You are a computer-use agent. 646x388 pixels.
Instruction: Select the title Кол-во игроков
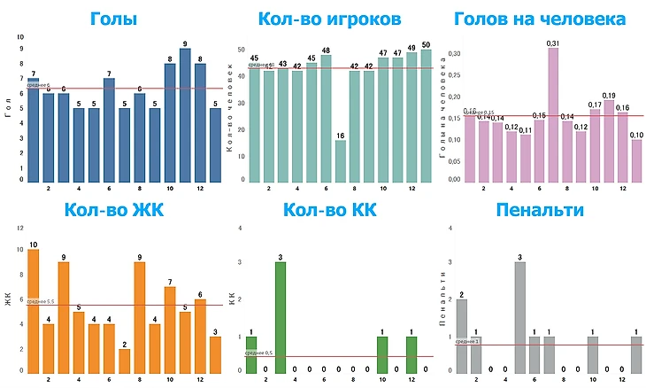329,19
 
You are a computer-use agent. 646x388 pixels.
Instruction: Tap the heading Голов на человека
540,19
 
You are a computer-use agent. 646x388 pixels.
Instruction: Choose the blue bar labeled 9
185,115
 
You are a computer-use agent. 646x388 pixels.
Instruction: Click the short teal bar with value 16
341,160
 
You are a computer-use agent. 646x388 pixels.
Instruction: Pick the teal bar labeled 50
427,116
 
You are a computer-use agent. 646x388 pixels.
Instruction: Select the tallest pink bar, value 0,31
553,114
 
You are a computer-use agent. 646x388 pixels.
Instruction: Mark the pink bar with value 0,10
636,160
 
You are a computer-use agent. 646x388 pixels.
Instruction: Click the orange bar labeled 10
34,310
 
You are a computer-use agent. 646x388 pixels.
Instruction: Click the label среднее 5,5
42,302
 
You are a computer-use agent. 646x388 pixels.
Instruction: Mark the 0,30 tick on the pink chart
452,53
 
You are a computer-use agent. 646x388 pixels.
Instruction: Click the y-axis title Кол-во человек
232,111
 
